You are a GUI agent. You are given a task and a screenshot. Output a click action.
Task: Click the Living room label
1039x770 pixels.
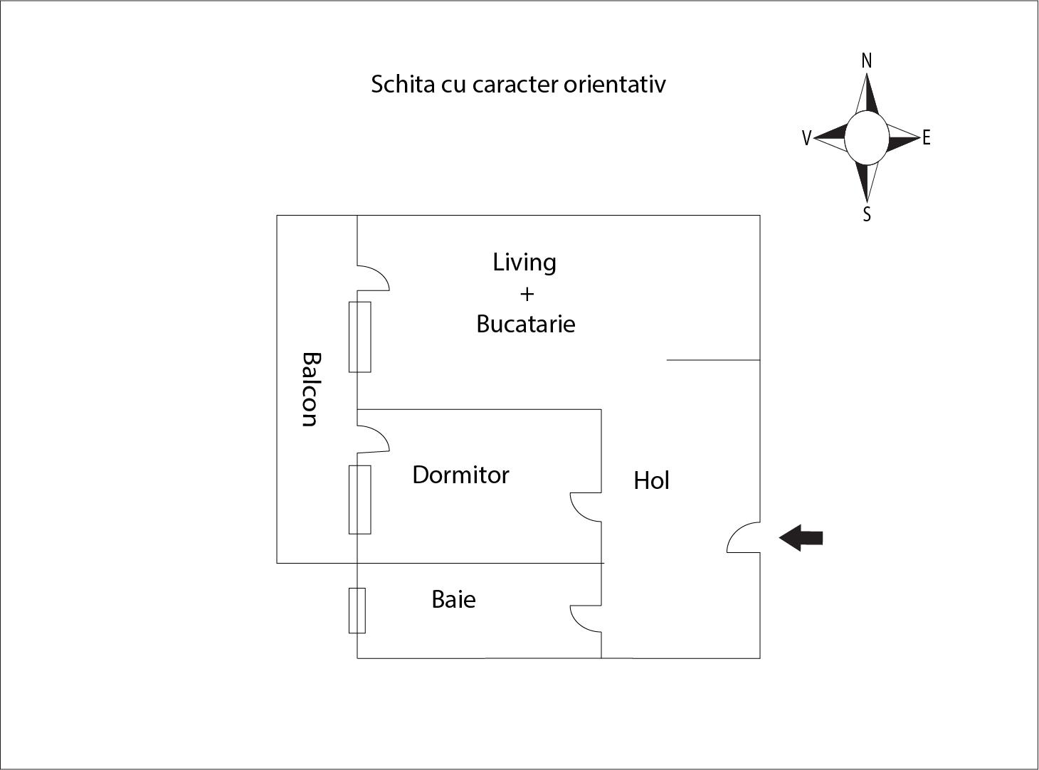tap(524, 263)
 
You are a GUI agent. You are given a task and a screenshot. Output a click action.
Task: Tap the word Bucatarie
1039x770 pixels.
tap(525, 325)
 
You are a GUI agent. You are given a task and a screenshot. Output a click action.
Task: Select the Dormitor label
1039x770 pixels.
tap(460, 475)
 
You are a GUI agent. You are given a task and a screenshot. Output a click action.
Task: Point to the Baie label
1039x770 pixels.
tap(453, 599)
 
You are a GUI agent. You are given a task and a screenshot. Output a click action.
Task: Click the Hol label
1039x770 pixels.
tap(651, 481)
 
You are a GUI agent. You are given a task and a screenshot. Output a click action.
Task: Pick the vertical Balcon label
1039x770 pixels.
tap(310, 389)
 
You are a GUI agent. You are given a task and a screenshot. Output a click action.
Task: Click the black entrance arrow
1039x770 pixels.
tap(801, 537)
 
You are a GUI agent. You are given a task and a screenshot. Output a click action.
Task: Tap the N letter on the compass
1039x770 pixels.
tap(866, 61)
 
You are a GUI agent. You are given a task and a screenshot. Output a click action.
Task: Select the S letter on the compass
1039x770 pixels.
tap(866, 214)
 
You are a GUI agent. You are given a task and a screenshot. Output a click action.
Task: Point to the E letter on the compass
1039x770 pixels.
tap(926, 138)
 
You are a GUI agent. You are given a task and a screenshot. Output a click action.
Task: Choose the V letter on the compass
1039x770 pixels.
tap(806, 138)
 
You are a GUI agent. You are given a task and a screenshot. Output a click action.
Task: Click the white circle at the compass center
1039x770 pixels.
tap(866, 137)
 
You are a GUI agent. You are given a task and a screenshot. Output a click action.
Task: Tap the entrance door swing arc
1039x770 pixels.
tap(742, 537)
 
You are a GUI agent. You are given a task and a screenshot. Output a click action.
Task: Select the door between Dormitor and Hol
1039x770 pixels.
tap(585, 507)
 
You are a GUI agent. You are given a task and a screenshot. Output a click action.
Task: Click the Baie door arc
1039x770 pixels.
tap(585, 618)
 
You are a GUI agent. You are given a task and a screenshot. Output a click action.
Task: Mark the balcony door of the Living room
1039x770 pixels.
tap(373, 278)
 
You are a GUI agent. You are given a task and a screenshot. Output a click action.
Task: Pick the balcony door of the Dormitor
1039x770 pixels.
tap(373, 438)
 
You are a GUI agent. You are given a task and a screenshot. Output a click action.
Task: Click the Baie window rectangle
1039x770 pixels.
tap(357, 611)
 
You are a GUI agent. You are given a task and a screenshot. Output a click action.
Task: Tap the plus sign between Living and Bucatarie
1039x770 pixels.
tap(527, 294)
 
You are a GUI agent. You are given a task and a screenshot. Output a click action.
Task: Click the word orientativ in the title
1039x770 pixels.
tap(615, 84)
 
